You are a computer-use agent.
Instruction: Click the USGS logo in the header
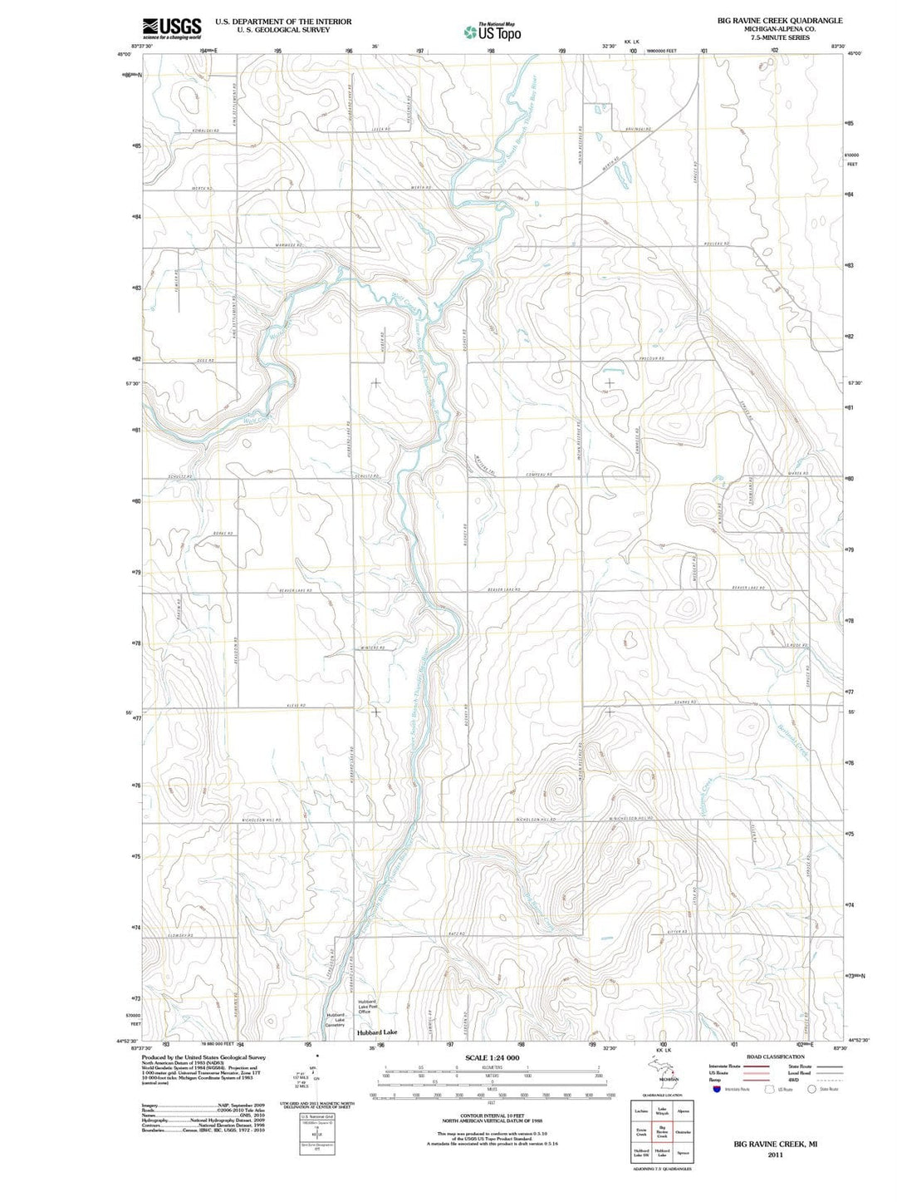coord(172,28)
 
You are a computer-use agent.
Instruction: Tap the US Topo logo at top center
coord(493,32)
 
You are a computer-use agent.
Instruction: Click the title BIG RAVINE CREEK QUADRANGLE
coord(780,21)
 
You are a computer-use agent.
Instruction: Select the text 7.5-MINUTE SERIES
coord(780,38)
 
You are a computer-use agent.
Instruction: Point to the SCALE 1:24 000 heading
coord(493,1057)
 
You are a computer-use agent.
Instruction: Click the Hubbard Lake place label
coord(377,1032)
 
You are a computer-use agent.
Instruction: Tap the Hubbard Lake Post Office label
coord(367,1007)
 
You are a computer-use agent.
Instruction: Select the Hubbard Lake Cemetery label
coord(335,1020)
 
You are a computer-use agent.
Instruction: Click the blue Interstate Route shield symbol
coord(717,1089)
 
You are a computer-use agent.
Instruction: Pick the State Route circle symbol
coord(812,1089)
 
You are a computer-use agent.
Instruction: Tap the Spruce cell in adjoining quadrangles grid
coord(684,1153)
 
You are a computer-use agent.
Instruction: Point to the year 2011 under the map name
coord(775,1155)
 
